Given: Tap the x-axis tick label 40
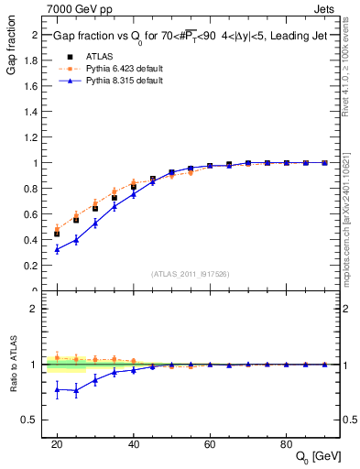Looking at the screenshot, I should tap(134, 442).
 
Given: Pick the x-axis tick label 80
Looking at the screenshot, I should tap(287, 442).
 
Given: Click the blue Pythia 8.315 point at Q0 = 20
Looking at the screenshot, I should tap(57, 249).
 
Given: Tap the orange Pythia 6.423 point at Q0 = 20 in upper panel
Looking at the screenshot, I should tap(57, 229).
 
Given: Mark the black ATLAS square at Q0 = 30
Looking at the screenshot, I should tap(95, 208).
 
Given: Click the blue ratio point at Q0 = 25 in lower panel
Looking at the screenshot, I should tap(76, 390).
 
